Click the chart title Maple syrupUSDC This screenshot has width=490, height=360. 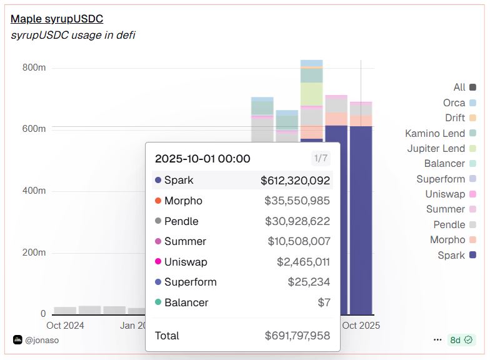click(x=57, y=19)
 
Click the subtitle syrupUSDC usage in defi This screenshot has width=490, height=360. click(x=72, y=35)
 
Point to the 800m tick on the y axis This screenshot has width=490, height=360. click(x=34, y=67)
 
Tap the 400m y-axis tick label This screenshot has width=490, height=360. click(x=34, y=191)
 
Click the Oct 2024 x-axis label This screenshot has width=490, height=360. click(x=65, y=325)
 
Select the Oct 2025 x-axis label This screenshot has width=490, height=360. click(x=361, y=325)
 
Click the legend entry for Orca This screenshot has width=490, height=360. click(x=454, y=102)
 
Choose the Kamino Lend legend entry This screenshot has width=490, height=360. click(x=435, y=133)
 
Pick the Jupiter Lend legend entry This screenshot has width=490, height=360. click(x=436, y=148)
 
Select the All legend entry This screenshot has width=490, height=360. click(x=459, y=87)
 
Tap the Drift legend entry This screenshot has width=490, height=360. click(x=455, y=117)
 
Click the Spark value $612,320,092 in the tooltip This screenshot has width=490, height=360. click(x=295, y=180)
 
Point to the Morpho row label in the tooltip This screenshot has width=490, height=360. click(x=183, y=201)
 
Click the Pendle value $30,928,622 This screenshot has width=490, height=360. click(x=297, y=221)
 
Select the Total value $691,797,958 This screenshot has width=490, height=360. click(x=297, y=336)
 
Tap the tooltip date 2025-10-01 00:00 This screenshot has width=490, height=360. click(x=202, y=158)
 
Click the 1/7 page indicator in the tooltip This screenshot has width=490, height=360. click(x=321, y=158)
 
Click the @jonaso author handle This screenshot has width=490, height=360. click(x=41, y=340)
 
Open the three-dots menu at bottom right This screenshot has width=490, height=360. click(x=437, y=340)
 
